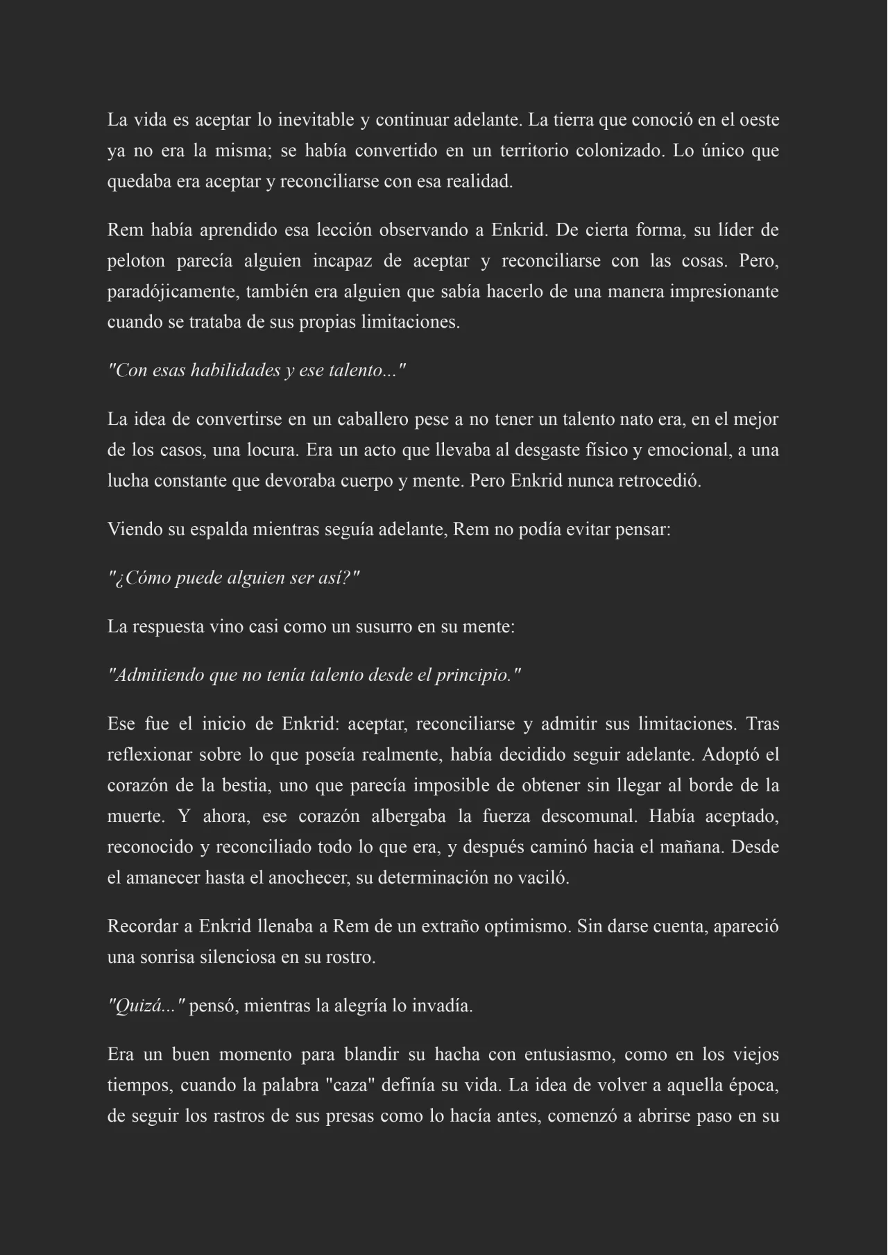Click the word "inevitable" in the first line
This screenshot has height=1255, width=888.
tap(316, 120)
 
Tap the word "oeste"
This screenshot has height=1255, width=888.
tap(760, 120)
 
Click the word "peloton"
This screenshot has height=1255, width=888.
tap(136, 261)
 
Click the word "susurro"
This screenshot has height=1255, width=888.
tap(384, 627)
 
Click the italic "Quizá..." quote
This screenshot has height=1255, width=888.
tap(146, 1006)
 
